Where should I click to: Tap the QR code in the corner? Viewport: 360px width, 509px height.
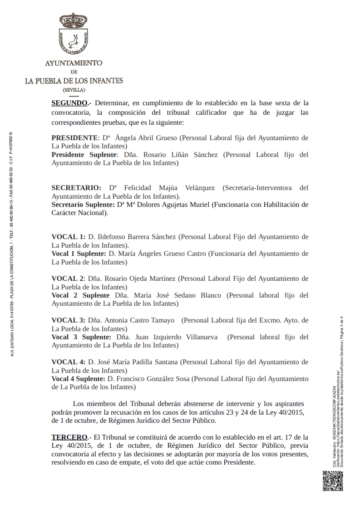point(332,480)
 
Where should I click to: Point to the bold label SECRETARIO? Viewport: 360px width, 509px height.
point(76,188)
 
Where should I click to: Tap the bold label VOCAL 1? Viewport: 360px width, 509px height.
point(68,237)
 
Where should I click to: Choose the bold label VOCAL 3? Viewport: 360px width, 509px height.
point(68,321)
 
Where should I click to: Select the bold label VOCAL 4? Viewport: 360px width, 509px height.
point(68,362)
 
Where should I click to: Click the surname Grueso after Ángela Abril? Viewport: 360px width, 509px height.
point(167,138)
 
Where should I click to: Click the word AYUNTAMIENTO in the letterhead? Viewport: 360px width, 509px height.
point(74,64)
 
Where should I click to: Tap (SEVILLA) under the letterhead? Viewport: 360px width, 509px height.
point(74,90)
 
